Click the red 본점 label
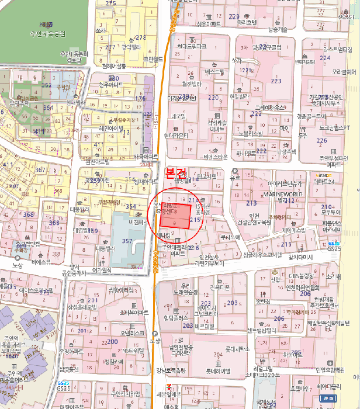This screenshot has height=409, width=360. point(176,172)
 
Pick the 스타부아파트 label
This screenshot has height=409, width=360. point(134,313)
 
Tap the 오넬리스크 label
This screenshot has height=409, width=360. point(132,332)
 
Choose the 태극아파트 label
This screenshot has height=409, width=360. point(146,157)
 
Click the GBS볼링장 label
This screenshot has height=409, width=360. point(297,275)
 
